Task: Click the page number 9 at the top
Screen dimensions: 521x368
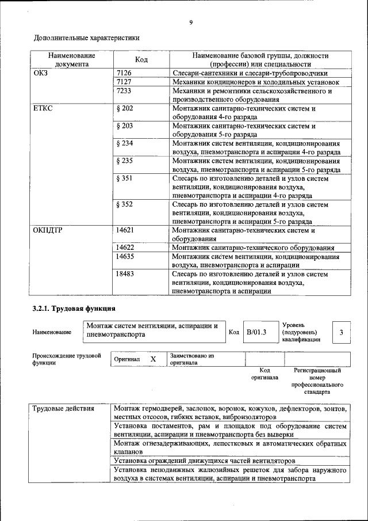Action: coord(190,22)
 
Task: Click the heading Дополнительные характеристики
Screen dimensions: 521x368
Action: coord(87,38)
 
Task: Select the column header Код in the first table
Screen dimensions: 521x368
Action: coord(141,60)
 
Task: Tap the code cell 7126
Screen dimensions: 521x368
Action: coord(124,74)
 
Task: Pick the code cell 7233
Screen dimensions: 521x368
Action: coord(124,91)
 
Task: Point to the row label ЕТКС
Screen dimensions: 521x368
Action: coord(44,108)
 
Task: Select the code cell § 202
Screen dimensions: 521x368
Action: coord(125,108)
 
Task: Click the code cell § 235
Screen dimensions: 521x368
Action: coord(125,161)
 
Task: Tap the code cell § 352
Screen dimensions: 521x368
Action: coord(125,204)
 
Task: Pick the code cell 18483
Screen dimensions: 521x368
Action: coord(125,274)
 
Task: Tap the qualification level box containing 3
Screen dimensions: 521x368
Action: coord(342,332)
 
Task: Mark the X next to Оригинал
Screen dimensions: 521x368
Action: coord(153,359)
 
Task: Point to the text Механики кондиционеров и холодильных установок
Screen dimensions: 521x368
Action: coord(256,82)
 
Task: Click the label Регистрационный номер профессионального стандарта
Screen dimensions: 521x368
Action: coord(317,381)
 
